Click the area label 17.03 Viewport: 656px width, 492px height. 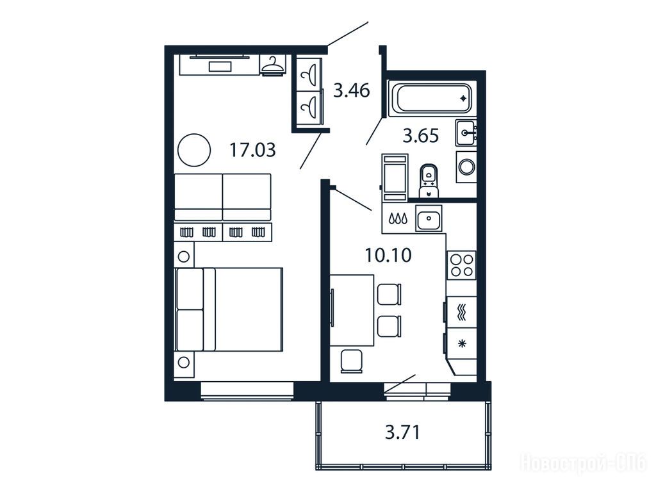pos(252,150)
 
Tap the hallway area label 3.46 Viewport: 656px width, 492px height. pos(352,90)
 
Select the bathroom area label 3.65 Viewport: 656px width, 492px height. pos(420,136)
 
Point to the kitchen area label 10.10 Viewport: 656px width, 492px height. pos(388,255)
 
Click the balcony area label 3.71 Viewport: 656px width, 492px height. pos(402,432)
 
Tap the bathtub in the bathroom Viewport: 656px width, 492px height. pos(432,98)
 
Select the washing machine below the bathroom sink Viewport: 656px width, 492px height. pos(466,167)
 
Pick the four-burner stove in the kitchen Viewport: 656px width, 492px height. pos(462,265)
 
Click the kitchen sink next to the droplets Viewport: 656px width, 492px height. pos(429,218)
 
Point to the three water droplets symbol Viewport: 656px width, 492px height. pos(398,218)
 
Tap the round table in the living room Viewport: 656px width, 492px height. pos(193,150)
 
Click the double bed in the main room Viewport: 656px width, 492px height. pos(229,309)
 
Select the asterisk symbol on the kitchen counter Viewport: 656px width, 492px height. pos(462,344)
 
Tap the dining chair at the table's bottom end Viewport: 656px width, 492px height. pos(352,361)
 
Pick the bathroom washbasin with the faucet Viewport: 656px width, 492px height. pos(466,133)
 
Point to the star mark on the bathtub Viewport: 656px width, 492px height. pos(463,99)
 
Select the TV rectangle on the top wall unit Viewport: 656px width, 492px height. pos(220,66)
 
